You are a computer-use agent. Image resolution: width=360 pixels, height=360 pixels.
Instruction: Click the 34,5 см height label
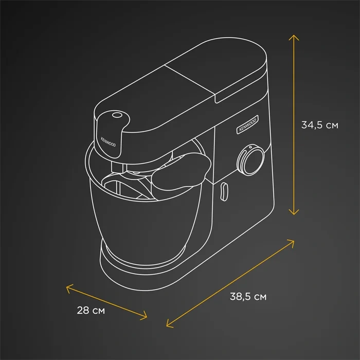coord(319,125)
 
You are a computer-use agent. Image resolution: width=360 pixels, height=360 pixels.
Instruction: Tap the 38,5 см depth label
coord(248,297)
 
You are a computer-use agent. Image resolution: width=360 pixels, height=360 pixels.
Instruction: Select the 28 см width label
coord(91,311)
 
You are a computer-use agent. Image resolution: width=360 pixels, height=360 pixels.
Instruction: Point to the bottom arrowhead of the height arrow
coord(294,212)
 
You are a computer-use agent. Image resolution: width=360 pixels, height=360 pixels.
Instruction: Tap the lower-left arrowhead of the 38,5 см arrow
coord(169,324)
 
